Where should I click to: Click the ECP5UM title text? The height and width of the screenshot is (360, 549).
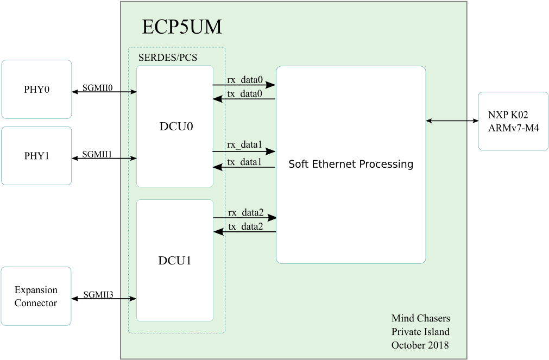tap(182, 27)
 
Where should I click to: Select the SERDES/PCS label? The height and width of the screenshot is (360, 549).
tap(168, 58)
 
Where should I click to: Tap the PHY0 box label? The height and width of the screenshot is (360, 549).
tap(36, 89)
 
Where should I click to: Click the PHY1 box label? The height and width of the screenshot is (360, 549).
tap(36, 156)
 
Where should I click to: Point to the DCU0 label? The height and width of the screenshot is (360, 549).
tap(176, 126)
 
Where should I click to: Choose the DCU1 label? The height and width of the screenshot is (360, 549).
tap(175, 261)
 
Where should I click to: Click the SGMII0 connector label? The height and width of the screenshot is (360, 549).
tap(97, 87)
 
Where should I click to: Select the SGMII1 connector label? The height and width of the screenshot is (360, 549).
tap(97, 154)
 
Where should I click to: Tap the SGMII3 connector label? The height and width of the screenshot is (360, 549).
tap(98, 294)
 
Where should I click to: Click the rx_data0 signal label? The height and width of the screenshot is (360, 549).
tap(245, 80)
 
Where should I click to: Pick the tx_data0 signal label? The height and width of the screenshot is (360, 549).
tap(244, 94)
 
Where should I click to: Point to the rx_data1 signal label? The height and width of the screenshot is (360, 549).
tap(244, 144)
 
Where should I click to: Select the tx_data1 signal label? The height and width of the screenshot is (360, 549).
tap(244, 162)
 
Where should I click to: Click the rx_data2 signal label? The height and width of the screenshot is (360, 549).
tap(246, 212)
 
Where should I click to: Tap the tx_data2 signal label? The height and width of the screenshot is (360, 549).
tap(245, 226)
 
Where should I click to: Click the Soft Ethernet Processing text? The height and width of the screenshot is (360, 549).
tap(351, 164)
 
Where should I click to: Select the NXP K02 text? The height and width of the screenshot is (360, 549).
tap(508, 115)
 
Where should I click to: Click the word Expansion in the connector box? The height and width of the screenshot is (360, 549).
tap(36, 290)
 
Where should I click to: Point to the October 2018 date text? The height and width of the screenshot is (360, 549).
tap(420, 345)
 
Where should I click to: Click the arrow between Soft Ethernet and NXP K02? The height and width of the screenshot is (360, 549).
tap(452, 121)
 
